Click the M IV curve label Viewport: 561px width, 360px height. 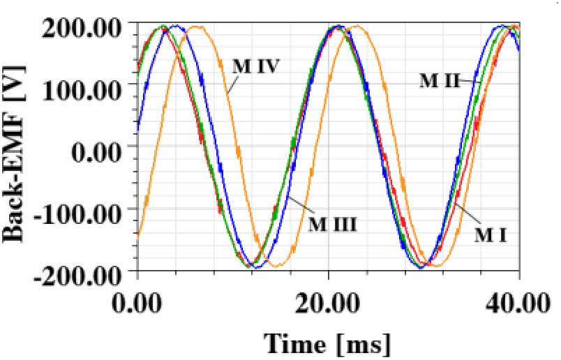(x=256, y=66)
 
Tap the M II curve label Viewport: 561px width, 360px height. (x=440, y=80)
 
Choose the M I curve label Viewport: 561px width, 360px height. (x=491, y=235)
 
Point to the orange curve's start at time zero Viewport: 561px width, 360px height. (x=139, y=237)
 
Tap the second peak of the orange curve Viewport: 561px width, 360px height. (x=358, y=27)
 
